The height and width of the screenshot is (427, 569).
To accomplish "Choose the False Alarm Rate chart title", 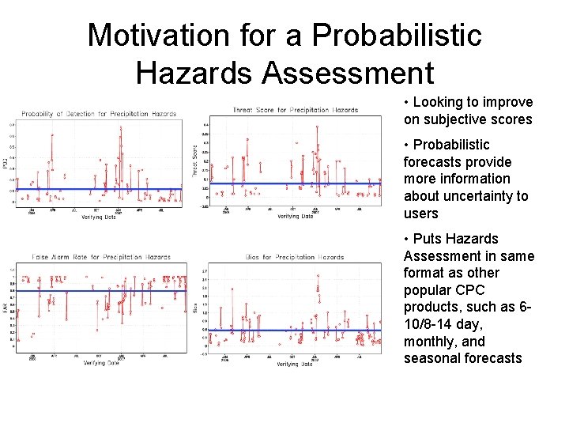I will (101, 257).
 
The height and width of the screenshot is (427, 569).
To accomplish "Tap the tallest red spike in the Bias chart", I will (317, 276).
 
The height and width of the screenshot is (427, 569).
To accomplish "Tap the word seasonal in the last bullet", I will (433, 358).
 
